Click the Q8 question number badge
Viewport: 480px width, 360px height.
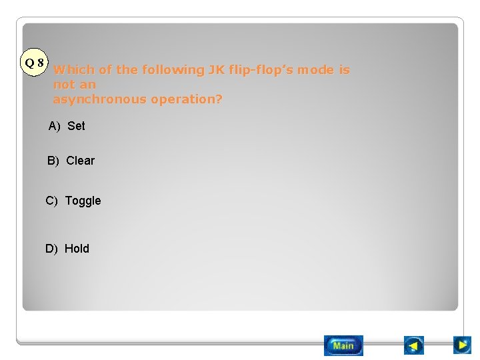[x=34, y=63]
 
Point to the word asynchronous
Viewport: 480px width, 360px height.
[x=100, y=99]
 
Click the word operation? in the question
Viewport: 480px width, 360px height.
[x=187, y=99]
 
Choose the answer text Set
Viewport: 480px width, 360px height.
[x=77, y=126]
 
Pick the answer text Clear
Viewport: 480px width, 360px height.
[x=81, y=161]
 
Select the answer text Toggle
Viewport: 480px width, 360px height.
[x=83, y=201]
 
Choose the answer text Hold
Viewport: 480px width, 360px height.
[x=77, y=249]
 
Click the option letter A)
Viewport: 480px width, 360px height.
[x=55, y=126]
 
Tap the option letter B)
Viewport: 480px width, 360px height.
[x=53, y=161]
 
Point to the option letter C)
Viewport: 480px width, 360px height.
[x=52, y=201]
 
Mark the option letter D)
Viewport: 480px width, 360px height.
[x=51, y=249]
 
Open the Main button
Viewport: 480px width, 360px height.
[x=343, y=345]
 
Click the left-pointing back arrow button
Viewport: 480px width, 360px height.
[x=414, y=345]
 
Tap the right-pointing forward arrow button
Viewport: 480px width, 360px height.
[x=462, y=345]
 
